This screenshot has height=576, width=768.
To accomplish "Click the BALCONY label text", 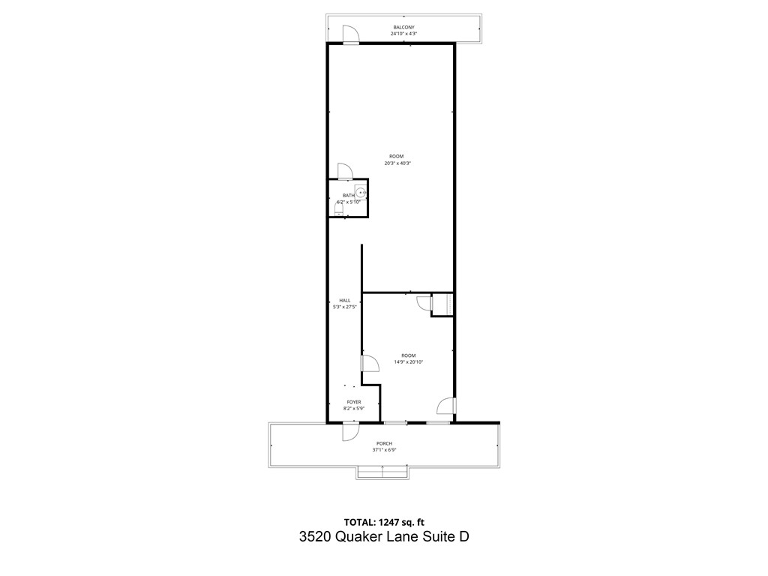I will (x=403, y=27).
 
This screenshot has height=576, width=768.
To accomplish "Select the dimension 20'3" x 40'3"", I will (x=397, y=163).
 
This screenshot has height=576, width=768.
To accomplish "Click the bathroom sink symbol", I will (x=360, y=192).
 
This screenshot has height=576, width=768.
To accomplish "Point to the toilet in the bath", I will (x=339, y=211).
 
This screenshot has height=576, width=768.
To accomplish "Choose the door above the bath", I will (x=345, y=172).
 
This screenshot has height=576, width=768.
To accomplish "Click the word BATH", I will (x=349, y=196).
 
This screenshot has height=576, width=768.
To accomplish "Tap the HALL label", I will (x=344, y=300).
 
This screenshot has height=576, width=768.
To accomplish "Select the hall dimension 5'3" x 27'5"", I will (x=345, y=307).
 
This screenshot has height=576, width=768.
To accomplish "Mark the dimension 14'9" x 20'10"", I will (x=408, y=362).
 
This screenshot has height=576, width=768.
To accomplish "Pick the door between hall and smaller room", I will (x=370, y=364).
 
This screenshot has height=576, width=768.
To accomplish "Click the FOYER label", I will (x=353, y=402).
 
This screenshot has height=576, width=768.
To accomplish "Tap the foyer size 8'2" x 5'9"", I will (x=353, y=409).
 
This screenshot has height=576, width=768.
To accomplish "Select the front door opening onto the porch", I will (x=350, y=431).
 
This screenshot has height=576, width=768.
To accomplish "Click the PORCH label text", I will (x=384, y=443).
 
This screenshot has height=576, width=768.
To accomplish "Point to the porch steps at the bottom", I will (x=383, y=472).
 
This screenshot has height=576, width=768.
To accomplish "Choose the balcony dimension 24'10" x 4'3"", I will (x=403, y=34).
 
